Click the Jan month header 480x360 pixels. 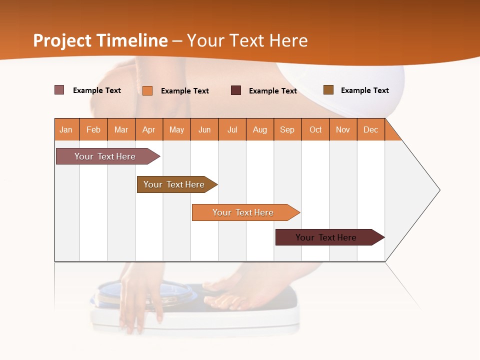66,129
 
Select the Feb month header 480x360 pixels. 93,129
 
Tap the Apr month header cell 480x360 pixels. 149,129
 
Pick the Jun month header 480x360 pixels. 204,129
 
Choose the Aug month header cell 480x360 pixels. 260,129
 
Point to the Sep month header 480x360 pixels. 287,129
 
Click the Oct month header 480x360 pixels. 315,129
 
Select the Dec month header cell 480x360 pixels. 371,129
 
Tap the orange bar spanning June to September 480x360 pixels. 244,212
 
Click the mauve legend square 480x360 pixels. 59,90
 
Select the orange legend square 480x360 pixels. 147,90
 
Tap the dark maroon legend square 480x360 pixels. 236,90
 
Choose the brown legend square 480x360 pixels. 328,90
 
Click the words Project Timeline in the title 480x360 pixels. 100,40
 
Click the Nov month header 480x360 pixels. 343,129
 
